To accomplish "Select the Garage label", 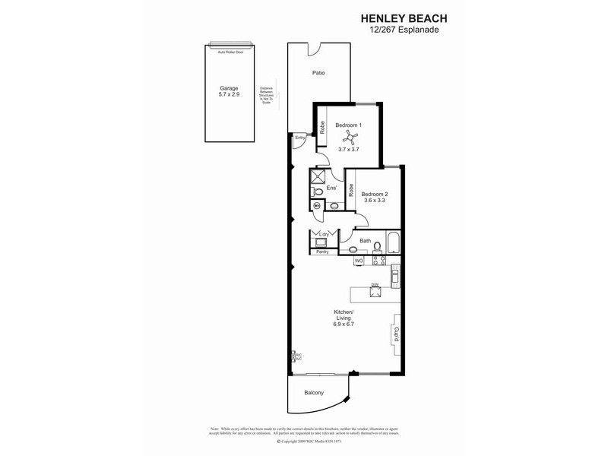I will pos(229,87).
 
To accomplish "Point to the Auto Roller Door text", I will pos(229,52).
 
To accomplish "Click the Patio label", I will pos(319,74).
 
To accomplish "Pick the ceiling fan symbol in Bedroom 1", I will pos(350,137).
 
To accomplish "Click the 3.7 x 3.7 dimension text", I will pos(348,150).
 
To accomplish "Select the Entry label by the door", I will pos(299,138).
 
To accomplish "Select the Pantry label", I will pos(322,252).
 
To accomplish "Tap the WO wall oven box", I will pos(359,261).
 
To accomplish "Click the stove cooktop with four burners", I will pos(378,261).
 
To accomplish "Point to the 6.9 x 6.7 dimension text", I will pos(344,325).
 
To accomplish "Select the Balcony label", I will pos(314,392).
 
